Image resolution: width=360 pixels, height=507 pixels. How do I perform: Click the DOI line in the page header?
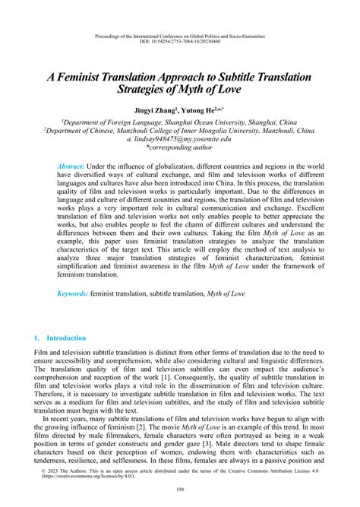[180, 42]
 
